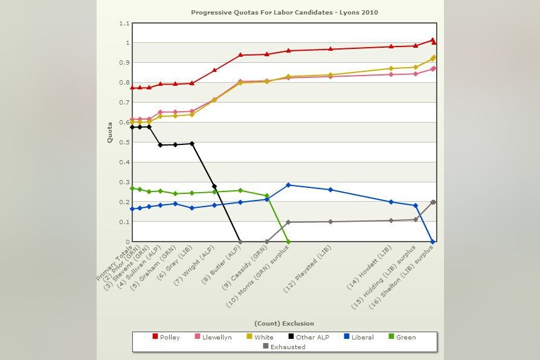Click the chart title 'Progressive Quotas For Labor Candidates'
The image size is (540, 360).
pyautogui.click(x=284, y=12)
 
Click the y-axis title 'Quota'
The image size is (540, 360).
pyautogui.click(x=110, y=132)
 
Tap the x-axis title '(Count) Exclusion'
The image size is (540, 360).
pyautogui.click(x=284, y=323)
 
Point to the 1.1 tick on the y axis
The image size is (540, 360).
pyautogui.click(x=124, y=24)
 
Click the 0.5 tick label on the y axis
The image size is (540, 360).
pyautogui.click(x=124, y=143)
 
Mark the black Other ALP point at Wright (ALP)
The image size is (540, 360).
pyautogui.click(x=214, y=187)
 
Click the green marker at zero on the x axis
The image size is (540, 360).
pyautogui.click(x=288, y=242)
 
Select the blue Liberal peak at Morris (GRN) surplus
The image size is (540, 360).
pyautogui.click(x=288, y=185)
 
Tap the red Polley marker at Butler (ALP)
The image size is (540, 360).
pyautogui.click(x=240, y=55)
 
